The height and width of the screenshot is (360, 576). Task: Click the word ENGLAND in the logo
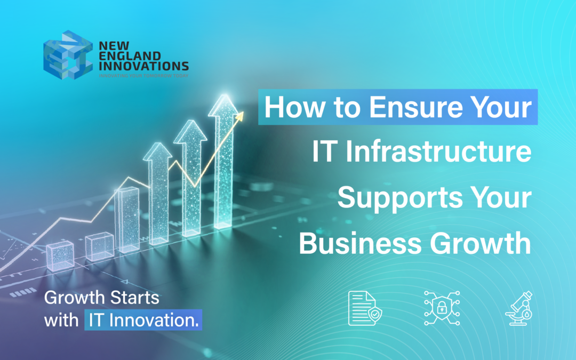point(122,55)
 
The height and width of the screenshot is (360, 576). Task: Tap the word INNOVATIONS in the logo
point(143,66)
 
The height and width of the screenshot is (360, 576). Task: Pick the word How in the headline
point(291,107)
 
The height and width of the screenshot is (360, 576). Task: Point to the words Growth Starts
point(101,298)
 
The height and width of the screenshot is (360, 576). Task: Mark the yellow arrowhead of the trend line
point(239,115)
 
